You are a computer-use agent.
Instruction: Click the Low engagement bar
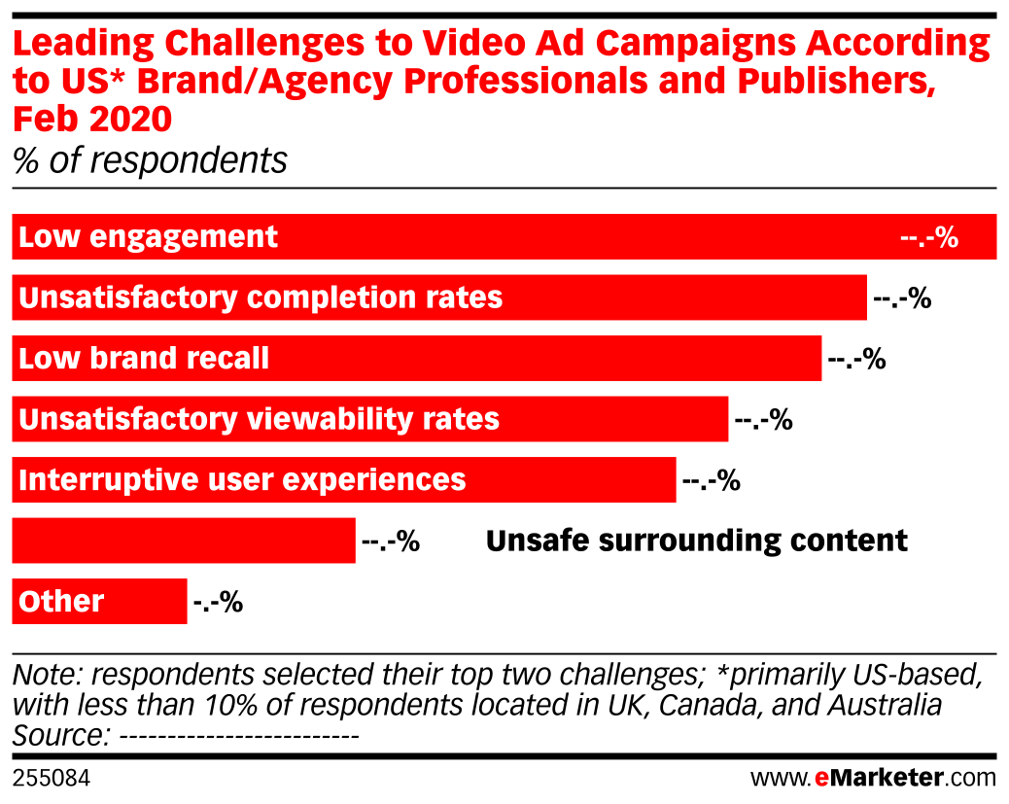pyautogui.click(x=583, y=237)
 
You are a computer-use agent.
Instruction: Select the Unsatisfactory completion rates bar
pyautogui.click(x=680, y=297)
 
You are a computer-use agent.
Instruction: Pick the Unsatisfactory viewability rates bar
pyautogui.click(x=612, y=420)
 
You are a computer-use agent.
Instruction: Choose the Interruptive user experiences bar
pyautogui.click(x=574, y=480)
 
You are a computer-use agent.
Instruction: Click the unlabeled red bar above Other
pyautogui.click(x=184, y=541)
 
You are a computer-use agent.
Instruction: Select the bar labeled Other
pyautogui.click(x=146, y=602)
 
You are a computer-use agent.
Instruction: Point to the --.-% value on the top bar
pyautogui.click(x=929, y=237)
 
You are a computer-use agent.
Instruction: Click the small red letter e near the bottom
pyautogui.click(x=821, y=779)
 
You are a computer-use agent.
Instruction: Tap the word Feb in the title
pyautogui.click(x=41, y=120)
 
